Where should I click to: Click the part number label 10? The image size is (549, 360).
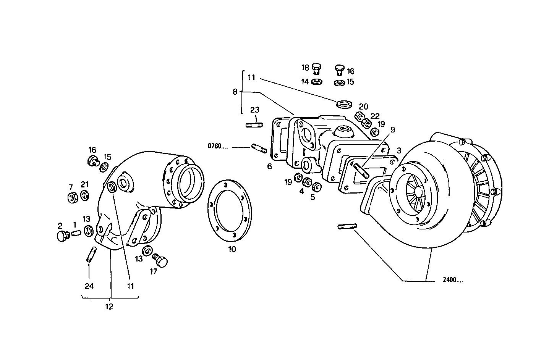232,249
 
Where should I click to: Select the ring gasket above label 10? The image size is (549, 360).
229,210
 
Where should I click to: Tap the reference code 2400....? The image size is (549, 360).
453,280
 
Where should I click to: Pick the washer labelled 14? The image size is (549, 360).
316,82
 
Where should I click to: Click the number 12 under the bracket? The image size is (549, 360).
109,307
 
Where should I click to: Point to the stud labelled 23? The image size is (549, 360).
254,125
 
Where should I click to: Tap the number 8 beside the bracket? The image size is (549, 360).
235,92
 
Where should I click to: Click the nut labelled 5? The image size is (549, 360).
316,187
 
